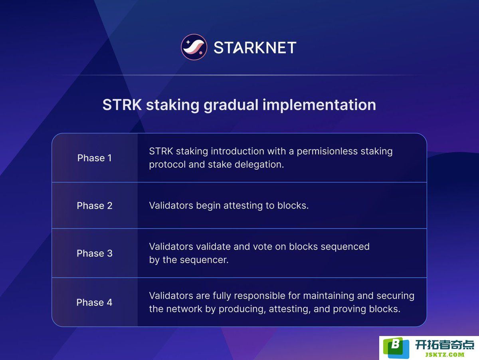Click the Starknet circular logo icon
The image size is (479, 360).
pyautogui.click(x=194, y=47)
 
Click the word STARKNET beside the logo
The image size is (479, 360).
pyautogui.click(x=255, y=48)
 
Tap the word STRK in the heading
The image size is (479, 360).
pyautogui.click(x=122, y=105)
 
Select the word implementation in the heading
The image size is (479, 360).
pyautogui.click(x=319, y=105)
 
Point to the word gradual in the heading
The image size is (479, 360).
pyautogui.click(x=231, y=105)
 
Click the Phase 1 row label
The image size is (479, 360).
pyautogui.click(x=95, y=158)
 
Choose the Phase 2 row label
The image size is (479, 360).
pyautogui.click(x=95, y=205)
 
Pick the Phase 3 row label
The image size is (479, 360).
pyautogui.click(x=95, y=253)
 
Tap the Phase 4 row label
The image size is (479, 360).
pyautogui.click(x=94, y=302)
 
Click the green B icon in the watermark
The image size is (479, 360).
pyautogui.click(x=396, y=347)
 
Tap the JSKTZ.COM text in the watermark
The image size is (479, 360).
pyautogui.click(x=445, y=355)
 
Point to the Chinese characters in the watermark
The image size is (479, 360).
pyautogui.click(x=445, y=345)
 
